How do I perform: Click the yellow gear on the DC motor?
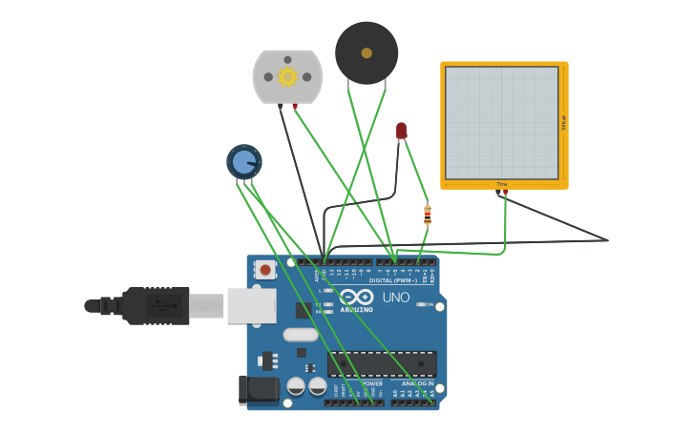coord(287,76)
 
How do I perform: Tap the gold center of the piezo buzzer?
coord(367,53)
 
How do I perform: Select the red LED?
coord(401,130)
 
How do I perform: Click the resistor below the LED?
coord(428,216)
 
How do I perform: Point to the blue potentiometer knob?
coord(244,161)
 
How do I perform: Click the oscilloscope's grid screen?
coord(501,122)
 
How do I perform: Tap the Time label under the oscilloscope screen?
coord(502,184)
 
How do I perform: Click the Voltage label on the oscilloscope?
coord(563,122)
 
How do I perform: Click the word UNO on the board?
coord(396,298)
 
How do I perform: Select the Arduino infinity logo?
coord(356,296)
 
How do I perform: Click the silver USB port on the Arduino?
coord(252,306)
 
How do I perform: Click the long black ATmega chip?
coord(382,363)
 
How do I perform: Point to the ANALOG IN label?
coord(417,383)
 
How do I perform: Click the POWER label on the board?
coord(372,383)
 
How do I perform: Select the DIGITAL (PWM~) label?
coord(396,279)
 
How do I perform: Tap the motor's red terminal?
coord(295,106)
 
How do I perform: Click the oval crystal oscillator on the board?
coord(300,335)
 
